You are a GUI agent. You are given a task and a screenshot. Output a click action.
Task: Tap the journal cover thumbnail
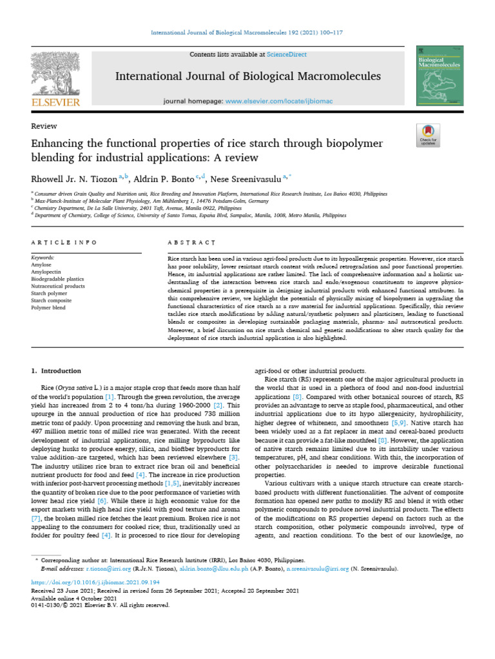(x=441, y=76)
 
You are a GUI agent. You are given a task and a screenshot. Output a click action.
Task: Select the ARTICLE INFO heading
(x=64, y=243)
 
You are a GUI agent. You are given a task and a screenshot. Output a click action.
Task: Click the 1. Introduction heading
(x=57, y=371)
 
